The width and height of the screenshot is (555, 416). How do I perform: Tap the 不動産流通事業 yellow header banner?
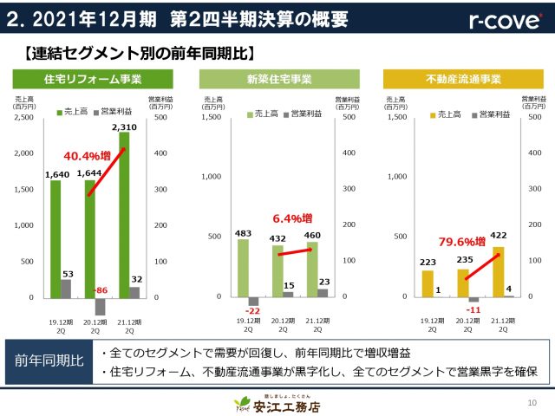coord(452,80)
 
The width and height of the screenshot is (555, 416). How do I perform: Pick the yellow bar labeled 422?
coord(499,272)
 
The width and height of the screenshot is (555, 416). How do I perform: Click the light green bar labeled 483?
coord(244,268)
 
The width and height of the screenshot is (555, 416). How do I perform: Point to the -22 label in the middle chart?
coord(253,311)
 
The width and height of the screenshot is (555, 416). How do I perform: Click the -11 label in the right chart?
coord(473,309)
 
